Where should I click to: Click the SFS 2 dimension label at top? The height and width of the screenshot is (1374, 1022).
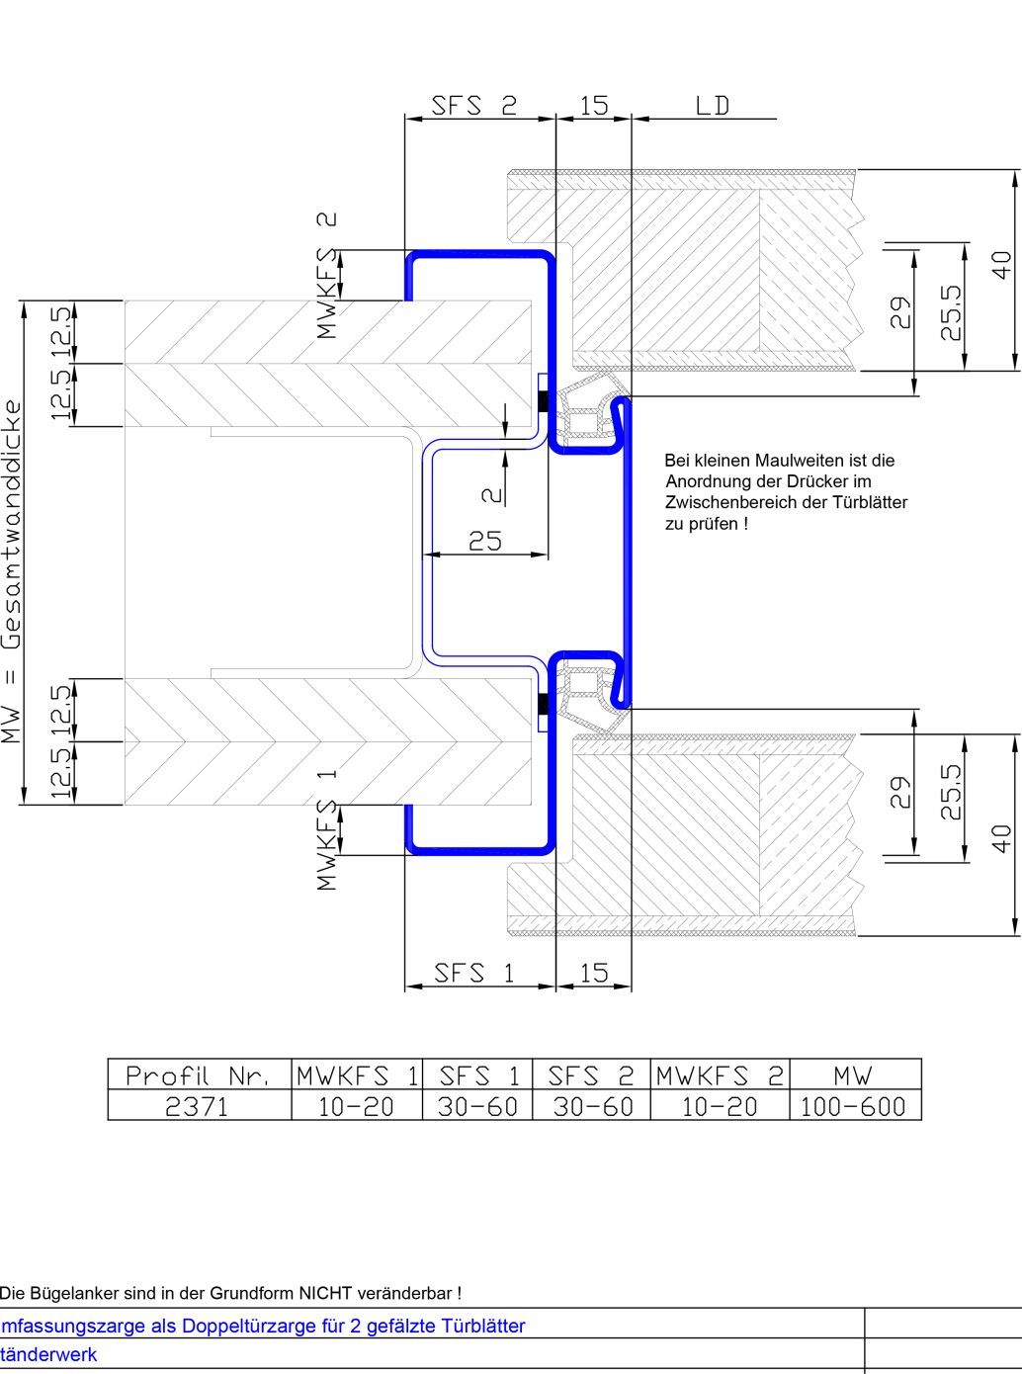tap(473, 106)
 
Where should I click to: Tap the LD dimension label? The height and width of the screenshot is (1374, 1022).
tap(713, 106)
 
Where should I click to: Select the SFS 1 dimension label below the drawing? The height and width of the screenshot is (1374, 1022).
tap(473, 974)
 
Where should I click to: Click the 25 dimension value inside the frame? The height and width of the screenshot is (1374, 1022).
tap(485, 541)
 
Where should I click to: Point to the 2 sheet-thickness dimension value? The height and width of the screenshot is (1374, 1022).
tap(492, 495)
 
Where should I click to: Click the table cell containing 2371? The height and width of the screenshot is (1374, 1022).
tap(197, 1106)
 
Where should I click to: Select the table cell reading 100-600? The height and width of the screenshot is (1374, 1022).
tap(853, 1106)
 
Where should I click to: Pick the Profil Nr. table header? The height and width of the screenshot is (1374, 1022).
tap(198, 1076)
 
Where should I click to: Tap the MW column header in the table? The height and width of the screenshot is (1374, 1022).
tap(853, 1076)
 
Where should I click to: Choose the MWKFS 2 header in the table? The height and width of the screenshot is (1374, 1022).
tap(720, 1076)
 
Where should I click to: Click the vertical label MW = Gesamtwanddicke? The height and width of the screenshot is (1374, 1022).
tap(12, 571)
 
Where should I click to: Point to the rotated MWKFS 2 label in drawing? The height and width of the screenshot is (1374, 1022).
tap(326, 276)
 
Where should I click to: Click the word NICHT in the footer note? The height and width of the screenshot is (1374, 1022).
tap(326, 1293)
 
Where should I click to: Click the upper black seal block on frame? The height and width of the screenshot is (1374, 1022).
tap(544, 401)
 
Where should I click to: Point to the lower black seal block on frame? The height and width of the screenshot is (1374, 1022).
tap(544, 704)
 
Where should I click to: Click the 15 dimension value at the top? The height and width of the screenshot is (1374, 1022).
tap(594, 106)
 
